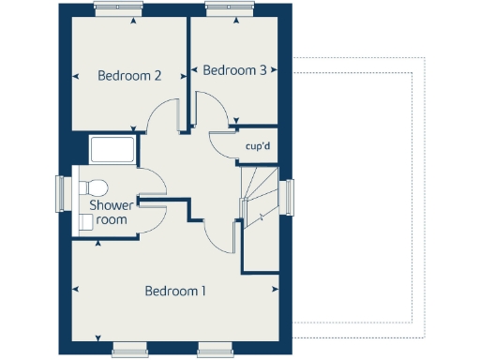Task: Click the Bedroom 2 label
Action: [130, 76]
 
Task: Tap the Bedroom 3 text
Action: [234, 70]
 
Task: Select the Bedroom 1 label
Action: [175, 292]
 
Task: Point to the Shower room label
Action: [108, 212]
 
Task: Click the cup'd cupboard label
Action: [258, 146]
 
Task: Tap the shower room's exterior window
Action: [62, 195]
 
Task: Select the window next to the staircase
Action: [290, 198]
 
